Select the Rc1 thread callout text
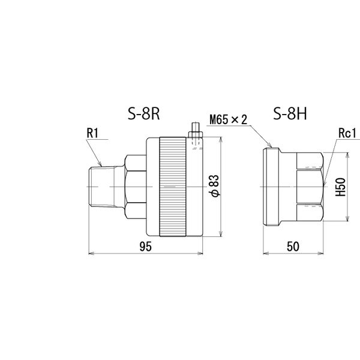click(347, 133)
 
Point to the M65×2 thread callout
click(229, 120)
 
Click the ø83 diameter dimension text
click(215, 187)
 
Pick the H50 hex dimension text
click(340, 188)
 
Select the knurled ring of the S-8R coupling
click(174, 187)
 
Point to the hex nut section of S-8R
click(133, 187)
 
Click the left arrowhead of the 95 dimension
click(91, 253)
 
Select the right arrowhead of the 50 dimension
click(322, 253)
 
